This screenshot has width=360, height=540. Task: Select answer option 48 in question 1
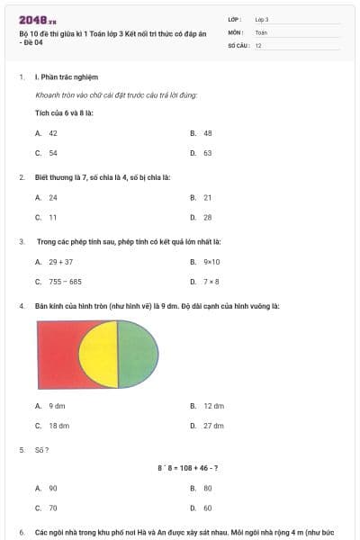coord(207,132)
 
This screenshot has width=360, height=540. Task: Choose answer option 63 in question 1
coord(207,153)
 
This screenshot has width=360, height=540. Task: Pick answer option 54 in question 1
coord(53,153)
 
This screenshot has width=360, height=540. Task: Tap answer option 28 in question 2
coord(207,217)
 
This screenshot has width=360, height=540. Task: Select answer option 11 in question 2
coord(53,217)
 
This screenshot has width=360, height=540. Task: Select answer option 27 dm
coord(213,426)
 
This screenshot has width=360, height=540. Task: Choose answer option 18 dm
coord(58,426)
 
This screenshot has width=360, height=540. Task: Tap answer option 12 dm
coord(213,406)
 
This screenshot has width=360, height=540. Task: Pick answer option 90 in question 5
coord(53,488)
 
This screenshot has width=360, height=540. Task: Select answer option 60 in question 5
coord(207,508)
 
